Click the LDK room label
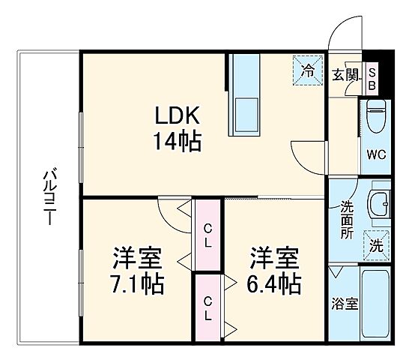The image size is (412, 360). coord(177,117)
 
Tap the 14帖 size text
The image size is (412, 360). coord(177,141)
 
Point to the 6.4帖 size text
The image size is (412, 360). coord(275,283)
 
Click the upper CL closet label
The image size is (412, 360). coord(208,234)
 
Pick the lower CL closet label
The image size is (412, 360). coord(208,308)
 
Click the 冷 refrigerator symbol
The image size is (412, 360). coord(309,70)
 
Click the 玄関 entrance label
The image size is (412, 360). coord(345,75)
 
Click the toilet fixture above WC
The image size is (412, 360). coord(376,117)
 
